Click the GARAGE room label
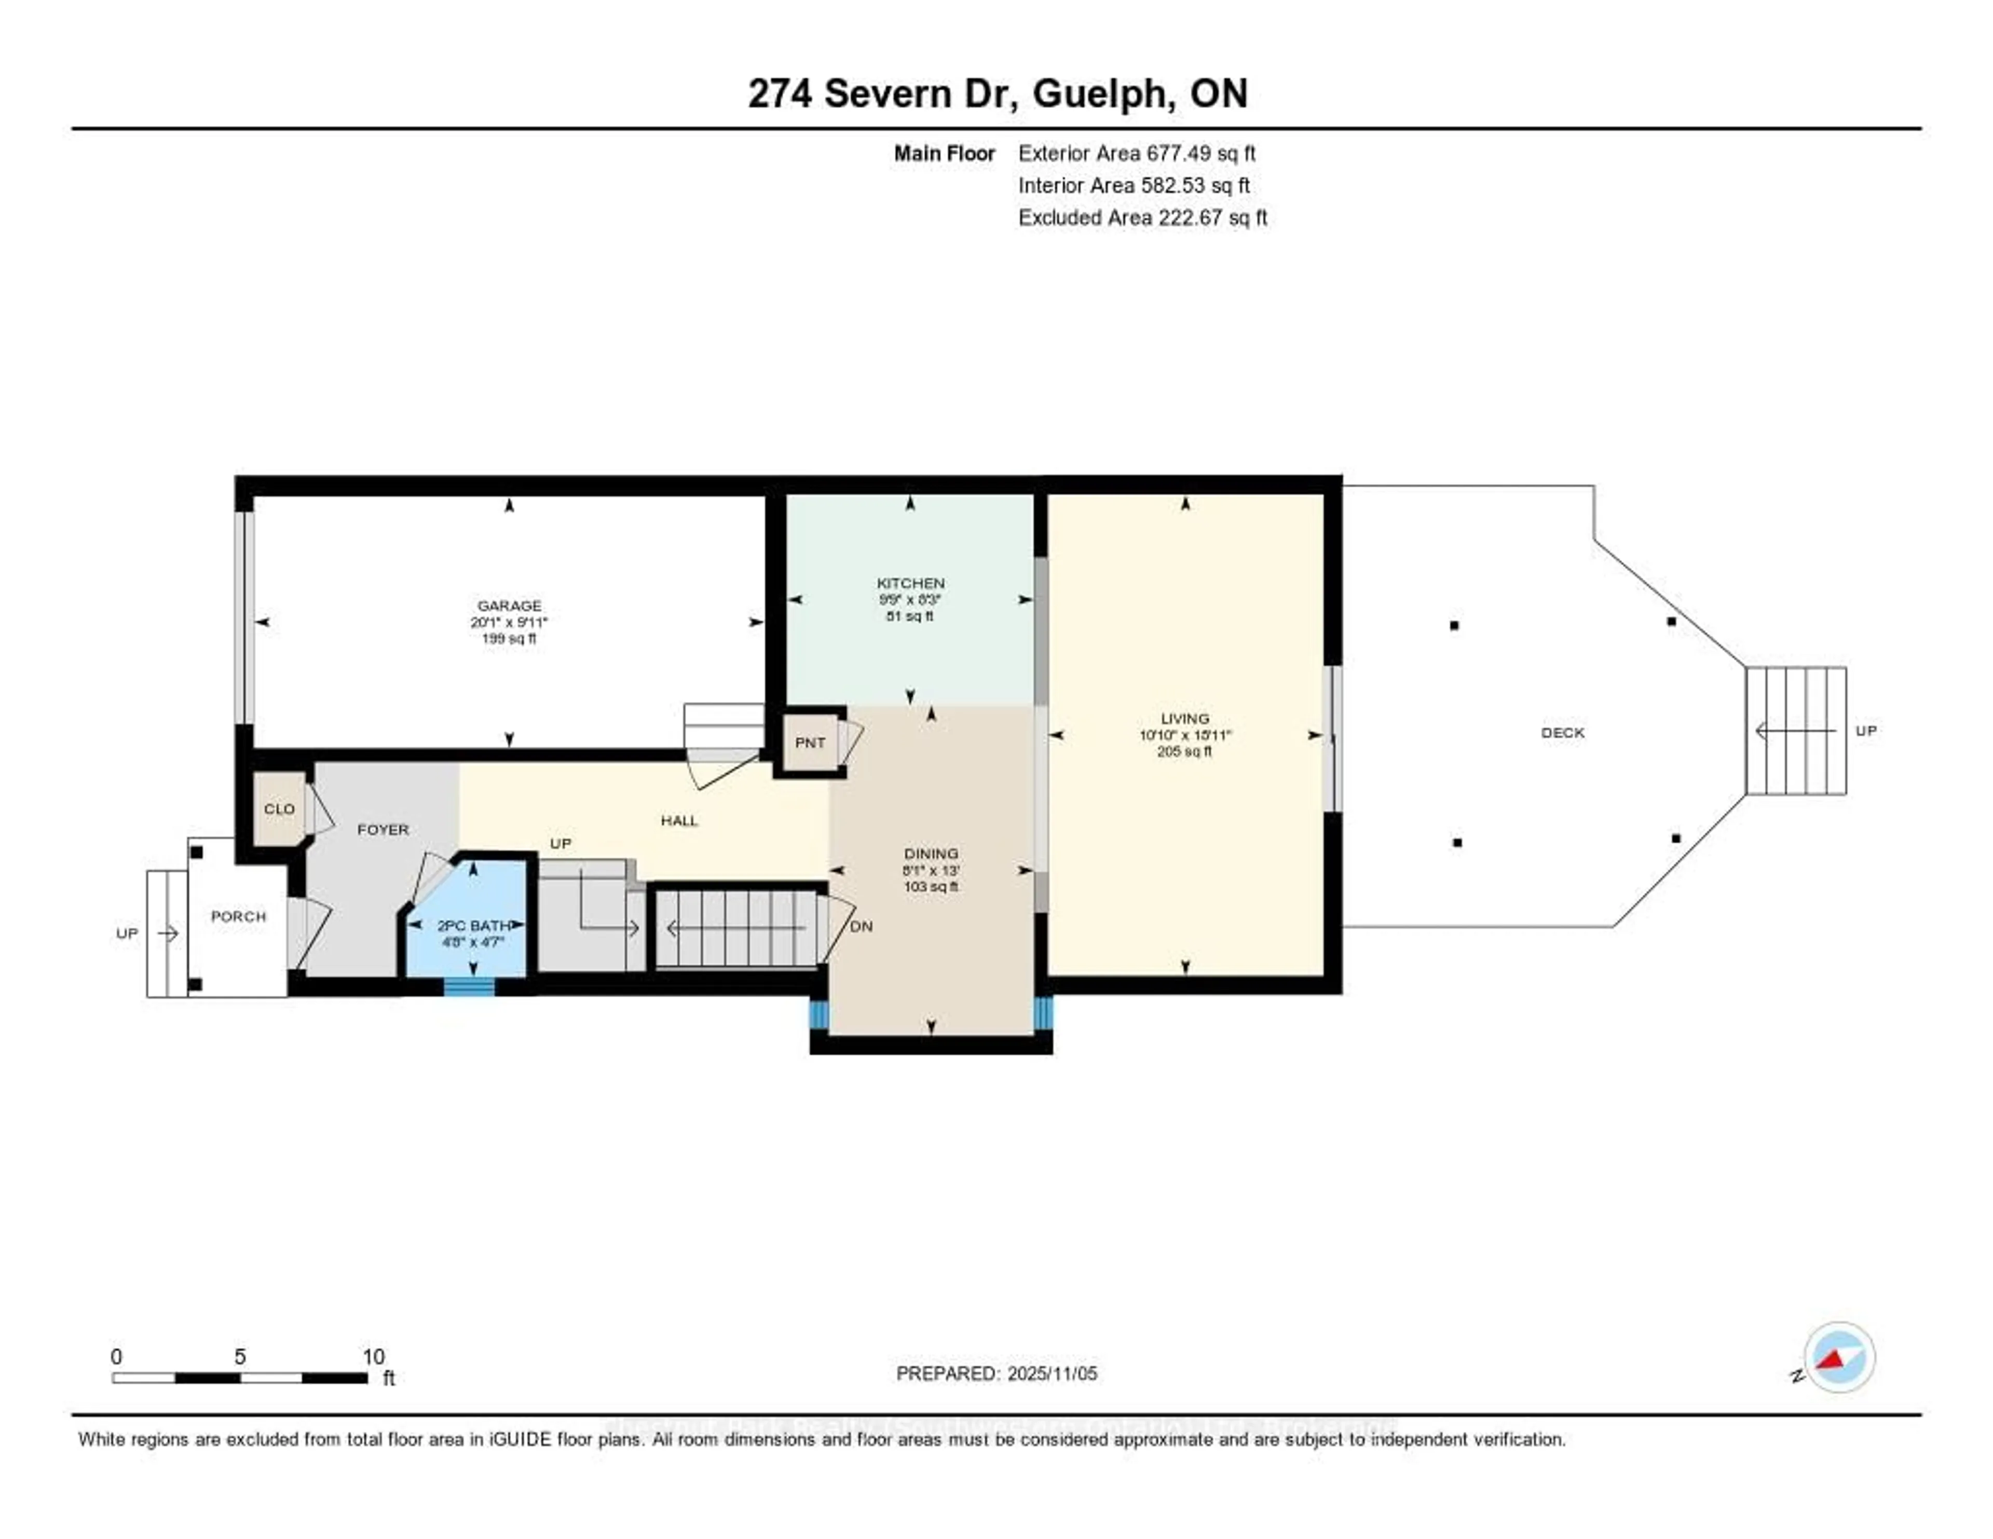click(509, 606)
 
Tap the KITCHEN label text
click(910, 583)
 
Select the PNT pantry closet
click(810, 743)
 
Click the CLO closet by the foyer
click(279, 809)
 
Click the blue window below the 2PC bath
click(469, 987)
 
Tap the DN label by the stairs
click(861, 926)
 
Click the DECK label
click(1562, 733)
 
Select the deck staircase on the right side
click(1795, 731)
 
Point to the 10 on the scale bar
click(373, 1356)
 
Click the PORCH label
click(238, 916)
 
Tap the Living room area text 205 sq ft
click(1184, 752)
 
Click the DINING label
click(931, 854)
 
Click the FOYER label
click(383, 829)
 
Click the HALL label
click(679, 820)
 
